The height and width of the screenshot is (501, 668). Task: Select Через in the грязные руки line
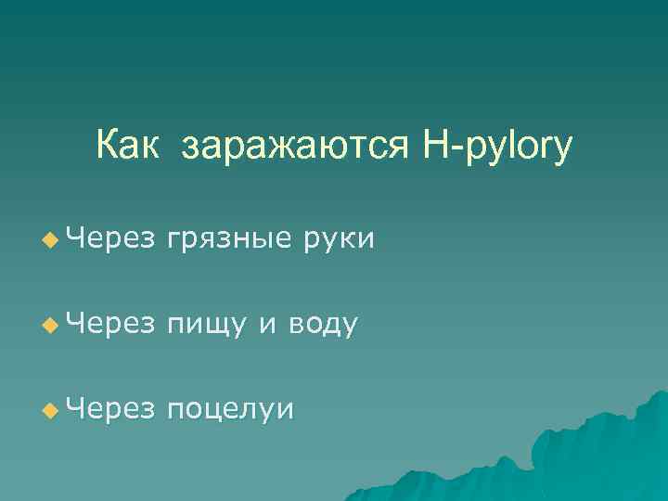click(110, 239)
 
